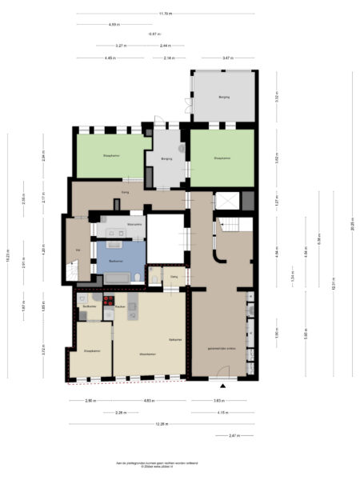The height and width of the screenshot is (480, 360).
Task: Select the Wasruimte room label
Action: click(113, 225)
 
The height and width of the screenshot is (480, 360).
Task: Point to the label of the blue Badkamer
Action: click(115, 261)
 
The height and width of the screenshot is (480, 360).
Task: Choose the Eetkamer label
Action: click(175, 340)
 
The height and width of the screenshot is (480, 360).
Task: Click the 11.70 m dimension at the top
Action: click(165, 14)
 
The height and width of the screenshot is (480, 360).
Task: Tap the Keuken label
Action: click(118, 306)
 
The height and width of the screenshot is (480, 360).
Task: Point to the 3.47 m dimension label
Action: click(227, 58)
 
